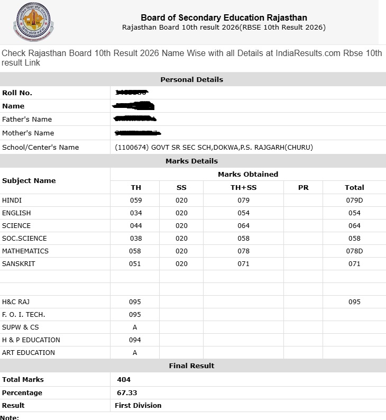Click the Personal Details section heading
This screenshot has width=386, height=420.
point(191,79)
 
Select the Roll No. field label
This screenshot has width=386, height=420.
point(17,93)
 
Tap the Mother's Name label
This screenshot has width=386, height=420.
point(28,133)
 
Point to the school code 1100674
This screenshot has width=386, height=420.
point(132,147)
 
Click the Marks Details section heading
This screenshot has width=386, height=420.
point(191,161)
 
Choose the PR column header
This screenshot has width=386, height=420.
point(303,187)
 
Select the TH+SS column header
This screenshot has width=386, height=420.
point(243,187)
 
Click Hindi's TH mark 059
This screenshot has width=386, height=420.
point(136,200)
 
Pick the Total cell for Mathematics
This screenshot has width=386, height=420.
point(354,251)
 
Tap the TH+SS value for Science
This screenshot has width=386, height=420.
point(243,225)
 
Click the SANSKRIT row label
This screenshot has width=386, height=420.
point(19,263)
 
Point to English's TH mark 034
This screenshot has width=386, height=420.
point(136,213)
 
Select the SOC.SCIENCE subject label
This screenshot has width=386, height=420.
point(24,238)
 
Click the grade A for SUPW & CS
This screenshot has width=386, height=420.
point(135,327)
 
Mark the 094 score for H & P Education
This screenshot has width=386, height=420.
point(135,340)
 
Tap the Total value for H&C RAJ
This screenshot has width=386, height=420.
point(354,302)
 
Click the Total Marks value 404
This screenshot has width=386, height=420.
point(124,379)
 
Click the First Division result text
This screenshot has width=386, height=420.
point(138,405)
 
